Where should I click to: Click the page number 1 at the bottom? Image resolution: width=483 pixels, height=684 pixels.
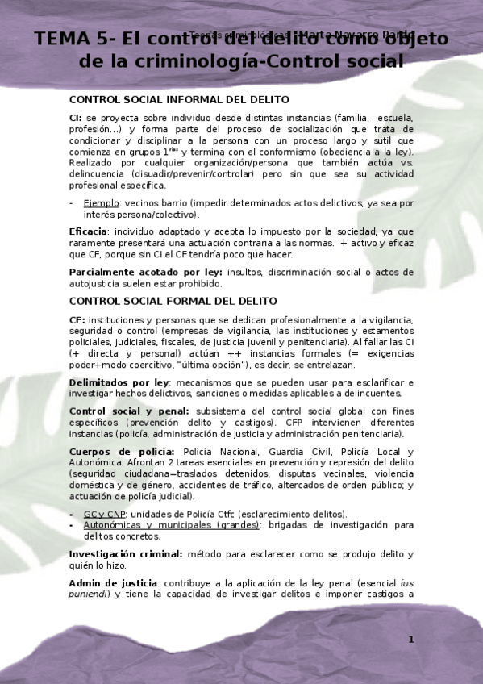410,640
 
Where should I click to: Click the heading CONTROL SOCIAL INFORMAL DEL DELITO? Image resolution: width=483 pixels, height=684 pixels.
179,99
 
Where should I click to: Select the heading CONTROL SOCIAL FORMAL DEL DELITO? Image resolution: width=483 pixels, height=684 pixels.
173,301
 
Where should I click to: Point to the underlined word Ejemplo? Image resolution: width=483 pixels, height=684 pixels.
102,203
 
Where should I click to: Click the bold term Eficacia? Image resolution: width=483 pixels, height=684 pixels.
92,231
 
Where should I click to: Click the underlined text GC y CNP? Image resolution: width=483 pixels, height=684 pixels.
104,514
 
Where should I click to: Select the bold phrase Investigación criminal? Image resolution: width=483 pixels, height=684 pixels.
125,554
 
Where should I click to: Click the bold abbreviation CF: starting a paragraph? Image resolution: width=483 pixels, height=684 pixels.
77,319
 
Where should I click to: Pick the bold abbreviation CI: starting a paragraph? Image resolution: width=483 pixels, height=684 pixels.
76,117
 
